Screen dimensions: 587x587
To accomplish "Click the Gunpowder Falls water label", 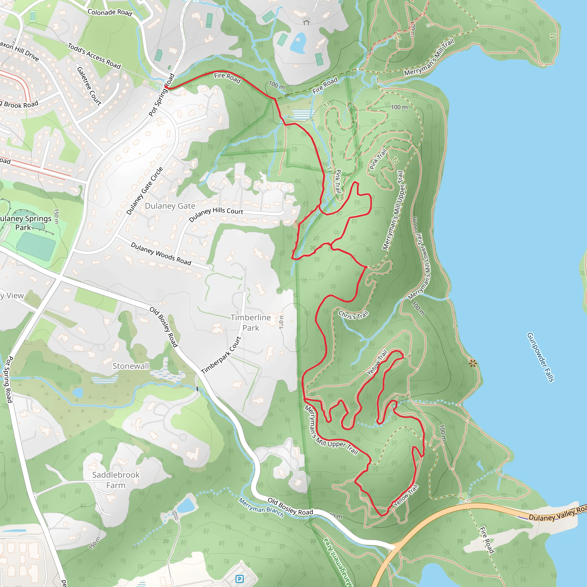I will [x=541, y=357].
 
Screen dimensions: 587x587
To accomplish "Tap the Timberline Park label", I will [x=251, y=323].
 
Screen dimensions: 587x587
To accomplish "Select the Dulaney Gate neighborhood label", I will [x=170, y=206].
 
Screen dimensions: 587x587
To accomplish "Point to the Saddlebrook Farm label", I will [x=116, y=480].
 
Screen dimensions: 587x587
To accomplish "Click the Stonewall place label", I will [x=131, y=366].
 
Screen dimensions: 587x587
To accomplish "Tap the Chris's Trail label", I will [x=353, y=315].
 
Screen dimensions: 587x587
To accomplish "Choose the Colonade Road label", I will [x=110, y=12].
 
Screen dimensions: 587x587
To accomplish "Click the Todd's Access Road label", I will [x=94, y=56].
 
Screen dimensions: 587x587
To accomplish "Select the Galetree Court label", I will [x=89, y=86].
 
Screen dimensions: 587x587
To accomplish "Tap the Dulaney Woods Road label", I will [x=161, y=253].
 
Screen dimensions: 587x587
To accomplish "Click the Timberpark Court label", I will [x=221, y=355].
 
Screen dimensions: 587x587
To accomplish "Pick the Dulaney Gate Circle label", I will [x=145, y=191].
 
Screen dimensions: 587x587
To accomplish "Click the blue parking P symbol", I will [x=239, y=579].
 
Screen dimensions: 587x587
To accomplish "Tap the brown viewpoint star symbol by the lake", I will [x=472, y=363].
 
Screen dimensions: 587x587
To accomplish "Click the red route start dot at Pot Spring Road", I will [x=166, y=87].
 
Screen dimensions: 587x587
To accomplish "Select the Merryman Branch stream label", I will [x=261, y=507].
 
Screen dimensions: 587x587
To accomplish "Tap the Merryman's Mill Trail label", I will [x=429, y=57].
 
